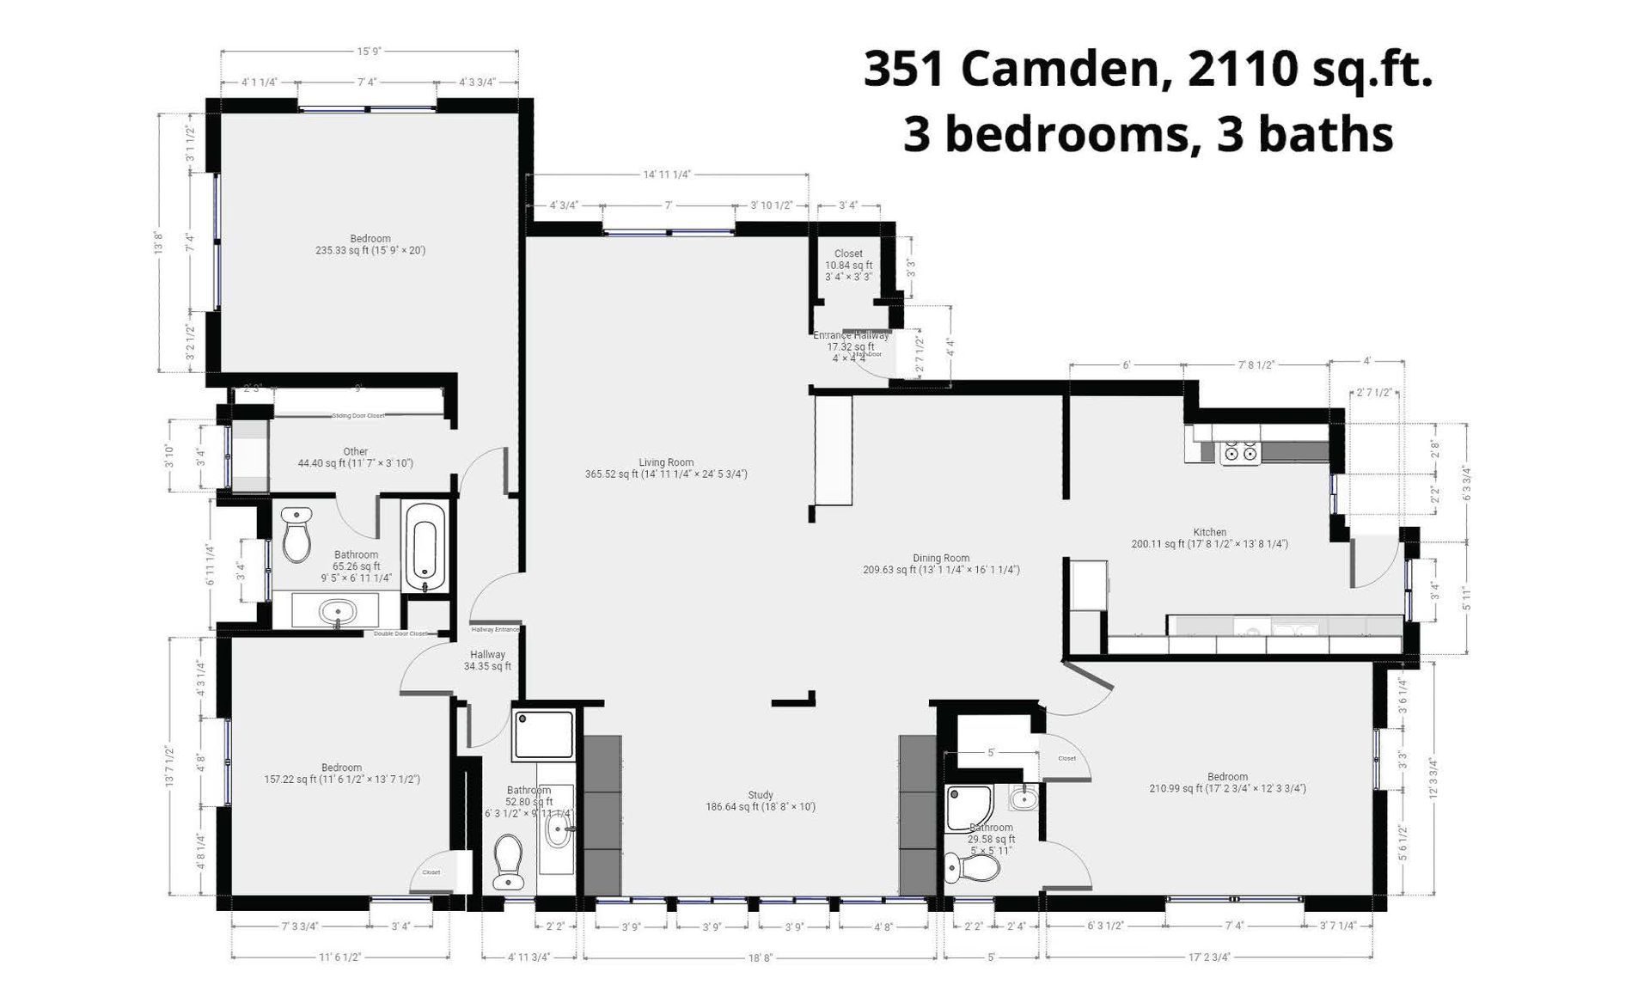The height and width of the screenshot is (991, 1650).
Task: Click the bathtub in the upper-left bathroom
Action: [x=425, y=546]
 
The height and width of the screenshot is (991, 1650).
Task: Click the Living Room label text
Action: [x=666, y=462]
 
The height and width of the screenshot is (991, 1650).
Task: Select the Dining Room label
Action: [x=941, y=558]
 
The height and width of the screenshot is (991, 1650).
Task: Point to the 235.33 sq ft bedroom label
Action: [x=370, y=245]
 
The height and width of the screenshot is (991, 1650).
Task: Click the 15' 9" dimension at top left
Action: [x=370, y=52]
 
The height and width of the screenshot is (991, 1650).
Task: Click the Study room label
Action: [x=761, y=795]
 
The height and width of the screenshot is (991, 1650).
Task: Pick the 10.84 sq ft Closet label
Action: [x=848, y=265]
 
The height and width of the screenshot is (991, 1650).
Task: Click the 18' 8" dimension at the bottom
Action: [x=761, y=957]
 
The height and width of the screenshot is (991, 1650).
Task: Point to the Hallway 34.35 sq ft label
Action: [x=487, y=660]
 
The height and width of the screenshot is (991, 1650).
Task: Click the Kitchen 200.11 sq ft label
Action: [x=1209, y=538]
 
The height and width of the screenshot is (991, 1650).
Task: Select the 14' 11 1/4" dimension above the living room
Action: [x=667, y=174]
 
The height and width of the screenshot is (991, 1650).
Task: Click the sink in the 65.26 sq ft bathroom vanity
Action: [x=337, y=611]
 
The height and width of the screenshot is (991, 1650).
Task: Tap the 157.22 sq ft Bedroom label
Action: [x=342, y=774]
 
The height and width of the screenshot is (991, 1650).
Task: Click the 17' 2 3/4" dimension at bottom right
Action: [x=1209, y=957]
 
